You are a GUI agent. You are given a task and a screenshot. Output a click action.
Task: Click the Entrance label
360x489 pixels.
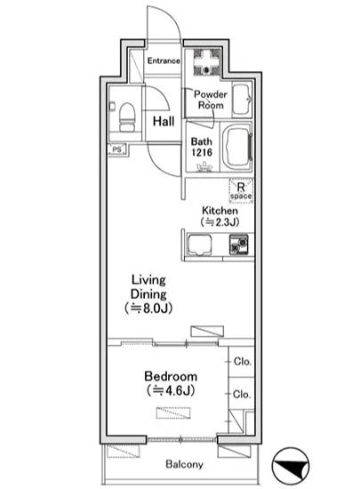point(164,60)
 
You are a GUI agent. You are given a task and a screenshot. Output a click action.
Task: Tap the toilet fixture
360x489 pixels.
point(127,118)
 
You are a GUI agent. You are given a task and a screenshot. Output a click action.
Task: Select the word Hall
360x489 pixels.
point(164,121)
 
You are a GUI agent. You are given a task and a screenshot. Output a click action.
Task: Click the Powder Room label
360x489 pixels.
point(211,100)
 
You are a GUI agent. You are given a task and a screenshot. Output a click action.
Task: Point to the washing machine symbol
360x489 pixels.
point(206,62)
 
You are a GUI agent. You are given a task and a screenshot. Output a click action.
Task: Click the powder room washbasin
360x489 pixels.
point(242,100)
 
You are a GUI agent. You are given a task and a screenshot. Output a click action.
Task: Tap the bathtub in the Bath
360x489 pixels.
point(238,148)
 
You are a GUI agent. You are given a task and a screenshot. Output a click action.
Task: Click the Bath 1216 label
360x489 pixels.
point(202,147)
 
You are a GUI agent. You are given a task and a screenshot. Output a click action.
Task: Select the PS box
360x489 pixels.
point(116,149)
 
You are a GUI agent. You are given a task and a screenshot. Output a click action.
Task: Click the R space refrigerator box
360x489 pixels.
point(241,190)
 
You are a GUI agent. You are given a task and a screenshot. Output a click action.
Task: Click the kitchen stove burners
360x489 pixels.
point(239,244)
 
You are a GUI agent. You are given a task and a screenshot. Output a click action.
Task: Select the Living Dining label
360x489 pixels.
point(148,286)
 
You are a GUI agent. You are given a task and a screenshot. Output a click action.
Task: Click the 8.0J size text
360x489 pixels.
point(148,309)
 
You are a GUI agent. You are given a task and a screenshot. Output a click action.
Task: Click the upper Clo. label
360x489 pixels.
point(242,362)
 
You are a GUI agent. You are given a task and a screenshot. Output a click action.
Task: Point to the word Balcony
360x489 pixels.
point(184,464)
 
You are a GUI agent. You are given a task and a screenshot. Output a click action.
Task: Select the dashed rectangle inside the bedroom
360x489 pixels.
point(173,413)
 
